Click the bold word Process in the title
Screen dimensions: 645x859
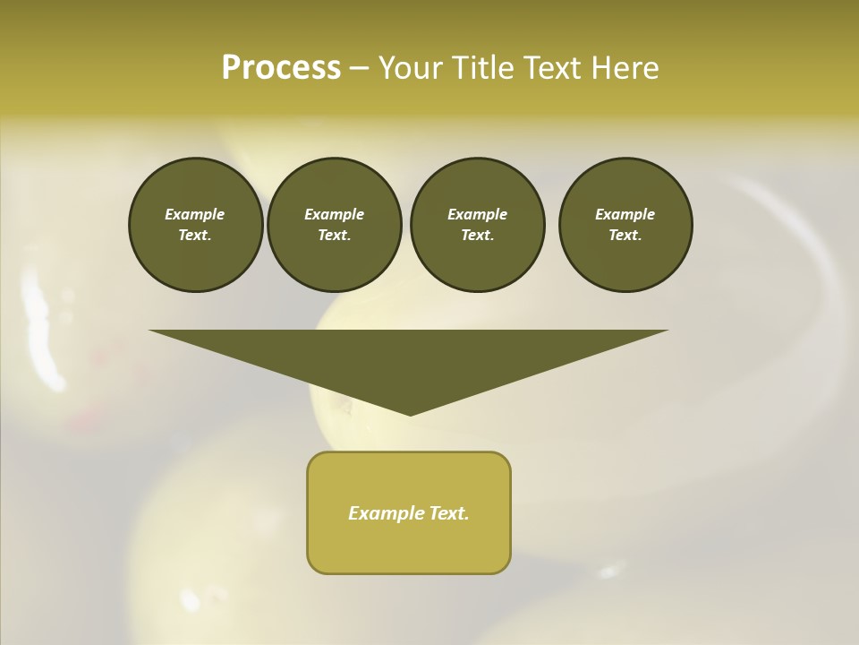281,68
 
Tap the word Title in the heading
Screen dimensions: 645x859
489,68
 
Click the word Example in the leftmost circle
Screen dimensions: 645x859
195,214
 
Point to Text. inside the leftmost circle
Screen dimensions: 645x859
195,236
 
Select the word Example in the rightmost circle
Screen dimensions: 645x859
625,214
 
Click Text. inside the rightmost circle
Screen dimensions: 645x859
625,236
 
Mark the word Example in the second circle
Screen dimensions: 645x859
334,214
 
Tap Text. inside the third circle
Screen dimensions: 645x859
477,236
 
